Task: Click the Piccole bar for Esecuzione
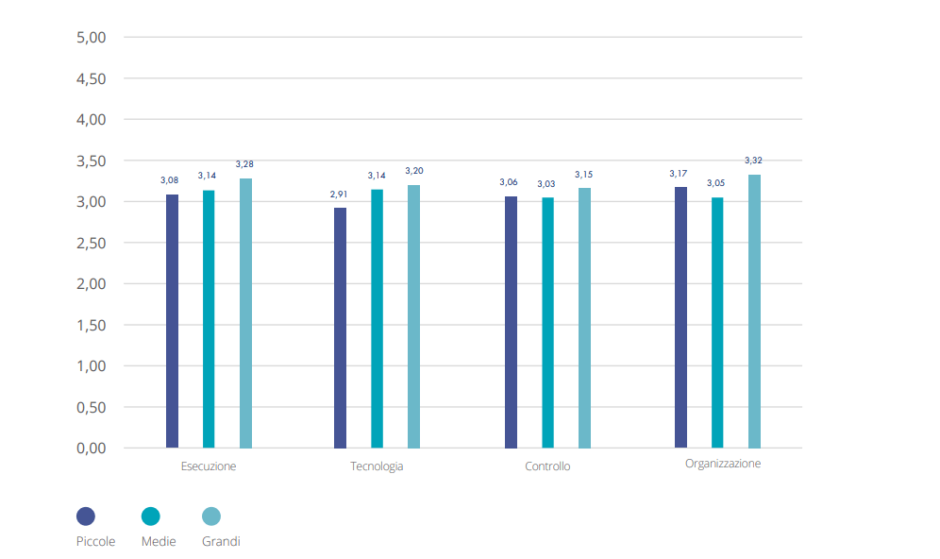[172, 321]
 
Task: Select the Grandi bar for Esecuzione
[245, 313]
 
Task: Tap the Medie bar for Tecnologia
[377, 318]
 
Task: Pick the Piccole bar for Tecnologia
[340, 328]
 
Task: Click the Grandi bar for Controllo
[584, 317]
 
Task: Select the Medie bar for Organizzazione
[717, 322]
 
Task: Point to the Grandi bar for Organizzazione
[754, 311]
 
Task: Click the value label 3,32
[753, 161]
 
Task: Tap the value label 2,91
[339, 195]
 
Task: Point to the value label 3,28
[244, 164]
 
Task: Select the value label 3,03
[546, 184]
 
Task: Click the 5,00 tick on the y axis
[91, 38]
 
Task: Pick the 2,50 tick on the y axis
[91, 243]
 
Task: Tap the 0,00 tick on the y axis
[91, 448]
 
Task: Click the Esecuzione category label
[209, 466]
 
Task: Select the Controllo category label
[547, 466]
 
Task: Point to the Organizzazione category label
[723, 464]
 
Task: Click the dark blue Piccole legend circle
[86, 517]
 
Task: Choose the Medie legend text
[159, 542]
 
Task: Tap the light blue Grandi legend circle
[211, 517]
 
